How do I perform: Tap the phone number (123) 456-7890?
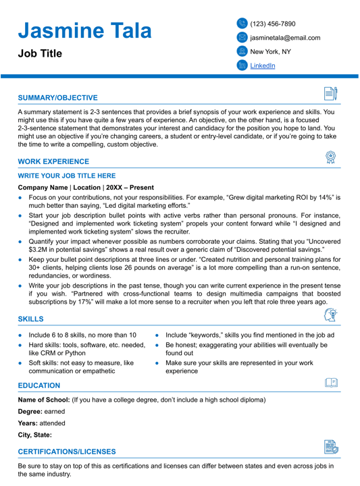click(273, 24)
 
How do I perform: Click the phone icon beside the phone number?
click(242, 24)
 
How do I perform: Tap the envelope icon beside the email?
click(242, 38)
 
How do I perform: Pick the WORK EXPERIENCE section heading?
click(53, 162)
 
